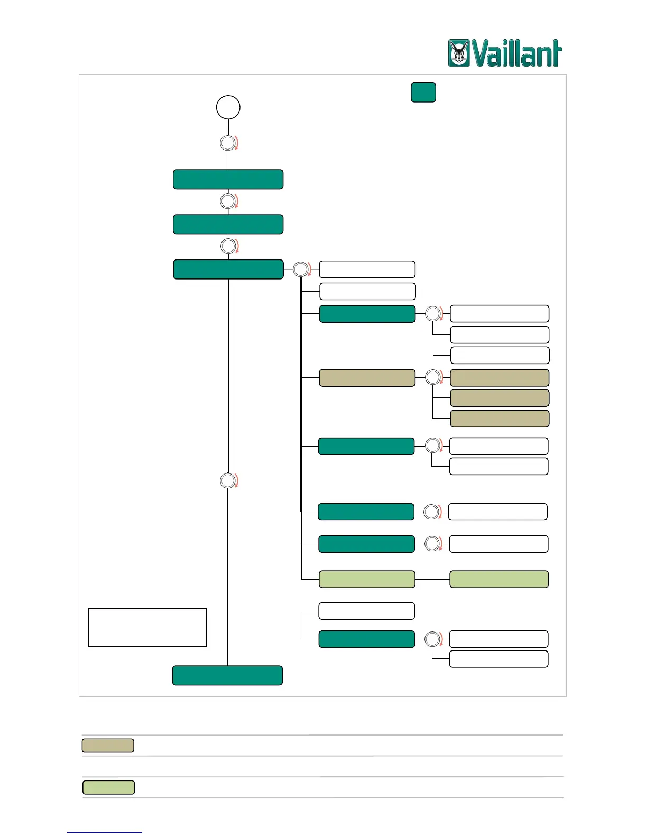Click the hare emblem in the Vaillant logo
[459, 53]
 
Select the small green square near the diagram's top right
[423, 92]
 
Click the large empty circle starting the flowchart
[228, 107]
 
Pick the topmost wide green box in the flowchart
[228, 179]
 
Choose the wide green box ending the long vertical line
[227, 675]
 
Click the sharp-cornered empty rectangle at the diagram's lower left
[147, 627]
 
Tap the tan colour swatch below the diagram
[108, 746]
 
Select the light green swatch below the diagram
[108, 787]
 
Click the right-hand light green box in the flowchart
[499, 579]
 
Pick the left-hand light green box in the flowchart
[367, 579]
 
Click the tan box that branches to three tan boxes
[367, 378]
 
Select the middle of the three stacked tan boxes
[500, 398]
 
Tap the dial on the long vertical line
[228, 481]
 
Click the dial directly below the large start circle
[228, 143]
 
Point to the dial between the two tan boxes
[433, 377]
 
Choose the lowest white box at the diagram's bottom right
[498, 659]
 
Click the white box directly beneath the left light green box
[366, 611]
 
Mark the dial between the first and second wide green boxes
[228, 201]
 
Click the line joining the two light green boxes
[432, 579]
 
